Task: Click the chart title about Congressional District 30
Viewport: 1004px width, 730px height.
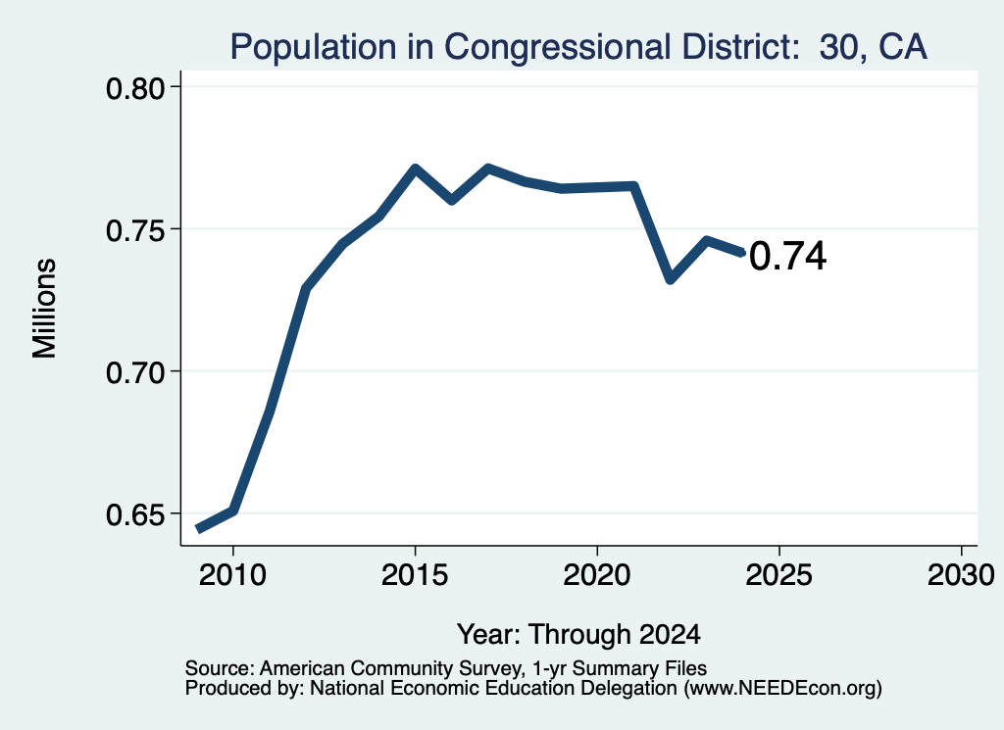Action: (x=578, y=46)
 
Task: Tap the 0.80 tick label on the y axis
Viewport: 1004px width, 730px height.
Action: (x=134, y=88)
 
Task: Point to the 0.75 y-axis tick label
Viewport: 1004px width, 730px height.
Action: (x=134, y=230)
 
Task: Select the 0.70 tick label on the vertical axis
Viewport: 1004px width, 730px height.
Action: (x=134, y=372)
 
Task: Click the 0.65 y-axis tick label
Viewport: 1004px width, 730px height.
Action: (x=134, y=515)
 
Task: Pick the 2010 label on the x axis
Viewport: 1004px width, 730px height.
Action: (x=232, y=574)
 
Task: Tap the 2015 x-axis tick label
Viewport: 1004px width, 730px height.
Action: (x=415, y=574)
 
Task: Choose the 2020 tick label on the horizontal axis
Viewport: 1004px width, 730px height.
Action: (x=597, y=574)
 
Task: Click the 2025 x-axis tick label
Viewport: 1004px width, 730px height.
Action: (x=779, y=574)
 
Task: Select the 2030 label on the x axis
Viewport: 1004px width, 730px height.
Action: (x=961, y=574)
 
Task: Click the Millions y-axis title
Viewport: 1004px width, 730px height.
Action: (x=45, y=309)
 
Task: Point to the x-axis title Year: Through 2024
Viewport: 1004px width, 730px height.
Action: (x=578, y=634)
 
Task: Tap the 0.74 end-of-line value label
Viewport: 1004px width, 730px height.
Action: (x=787, y=256)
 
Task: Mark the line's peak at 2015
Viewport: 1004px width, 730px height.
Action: (x=415, y=169)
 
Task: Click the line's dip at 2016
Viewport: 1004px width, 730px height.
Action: (x=451, y=200)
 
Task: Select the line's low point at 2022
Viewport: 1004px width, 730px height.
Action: (x=671, y=279)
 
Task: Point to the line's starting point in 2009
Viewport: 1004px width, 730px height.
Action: (x=199, y=529)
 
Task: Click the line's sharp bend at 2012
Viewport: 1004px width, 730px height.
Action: (x=306, y=289)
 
